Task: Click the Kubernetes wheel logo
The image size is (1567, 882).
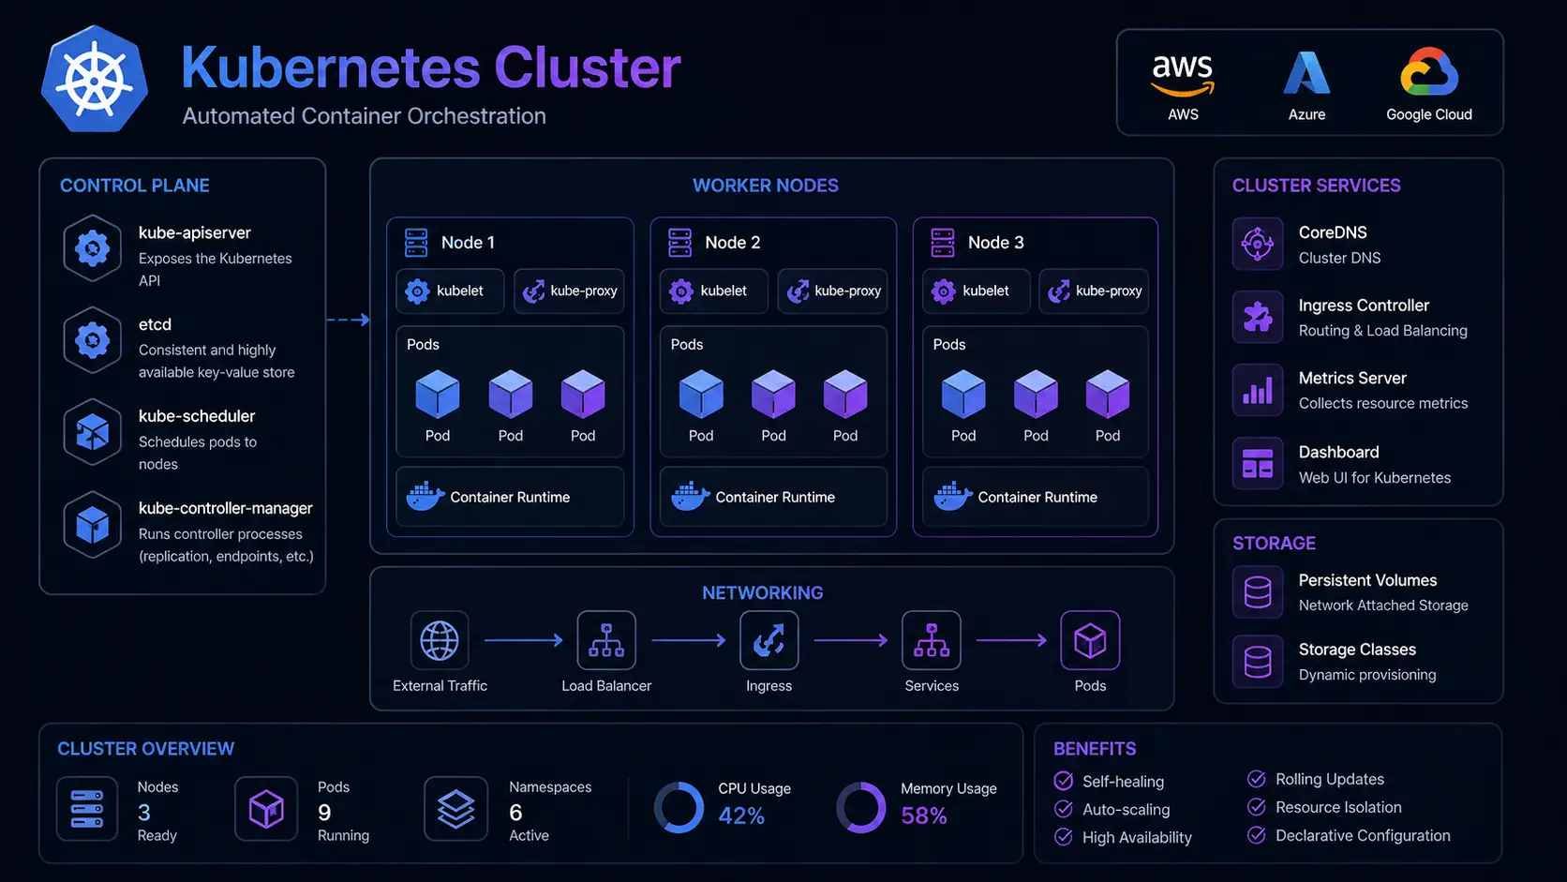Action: (95, 80)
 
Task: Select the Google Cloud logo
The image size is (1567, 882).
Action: (1429, 72)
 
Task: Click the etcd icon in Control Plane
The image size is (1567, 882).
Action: (92, 339)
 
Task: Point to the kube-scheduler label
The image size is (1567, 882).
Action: (197, 416)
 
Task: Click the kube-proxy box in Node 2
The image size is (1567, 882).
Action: (832, 291)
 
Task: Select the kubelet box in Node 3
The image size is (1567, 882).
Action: (976, 291)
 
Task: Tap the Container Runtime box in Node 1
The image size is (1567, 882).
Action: (510, 497)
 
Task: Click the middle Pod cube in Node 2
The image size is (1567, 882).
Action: (773, 394)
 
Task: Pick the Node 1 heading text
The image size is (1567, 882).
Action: (468, 243)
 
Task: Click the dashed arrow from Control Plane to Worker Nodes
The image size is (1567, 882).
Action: (348, 320)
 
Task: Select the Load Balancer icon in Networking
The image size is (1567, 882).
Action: (606, 640)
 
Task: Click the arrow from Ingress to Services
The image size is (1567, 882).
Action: (850, 640)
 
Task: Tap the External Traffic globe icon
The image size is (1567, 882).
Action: (440, 640)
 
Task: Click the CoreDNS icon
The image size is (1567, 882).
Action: (1257, 244)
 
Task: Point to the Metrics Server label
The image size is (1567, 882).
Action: (1352, 379)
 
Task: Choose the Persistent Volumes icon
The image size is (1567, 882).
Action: (1257, 592)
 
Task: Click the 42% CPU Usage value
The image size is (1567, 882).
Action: (741, 816)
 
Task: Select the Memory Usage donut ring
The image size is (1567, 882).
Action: (860, 807)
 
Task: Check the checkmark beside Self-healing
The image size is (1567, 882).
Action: (1064, 781)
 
